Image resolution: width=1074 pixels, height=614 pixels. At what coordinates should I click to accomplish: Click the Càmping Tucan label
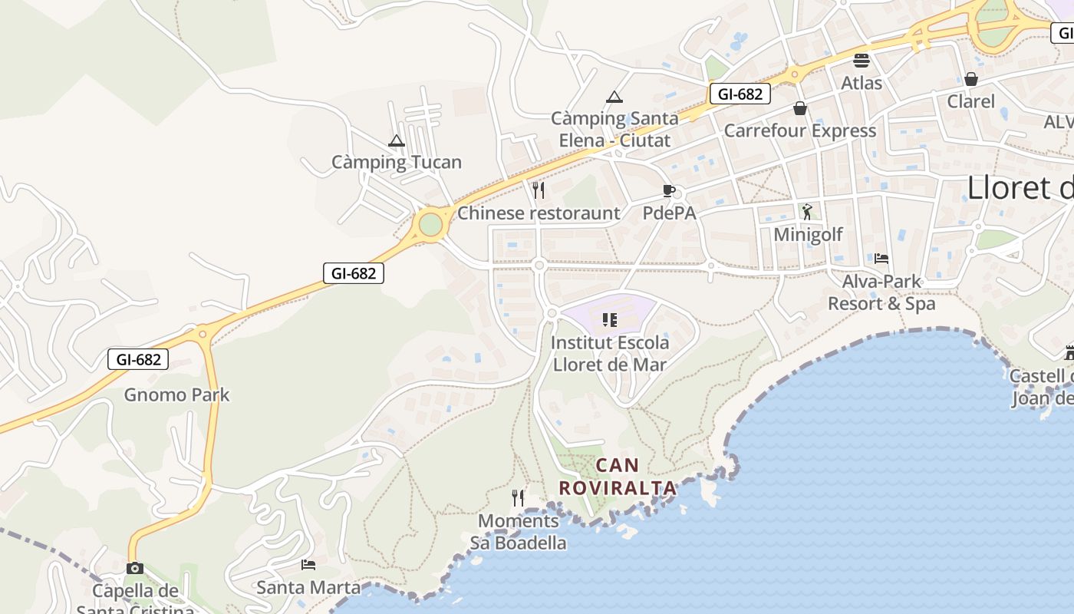[x=397, y=162]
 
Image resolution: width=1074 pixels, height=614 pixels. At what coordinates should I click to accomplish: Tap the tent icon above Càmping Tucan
[x=396, y=140]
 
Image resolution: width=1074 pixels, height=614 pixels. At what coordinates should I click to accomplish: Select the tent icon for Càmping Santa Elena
[x=614, y=97]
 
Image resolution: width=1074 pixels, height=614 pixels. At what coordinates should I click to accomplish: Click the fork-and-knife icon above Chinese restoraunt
[x=539, y=190]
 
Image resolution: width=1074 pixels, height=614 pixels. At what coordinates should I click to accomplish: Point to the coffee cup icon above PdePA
[x=669, y=190]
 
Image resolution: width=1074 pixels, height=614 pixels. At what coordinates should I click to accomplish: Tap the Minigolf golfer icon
[x=807, y=211]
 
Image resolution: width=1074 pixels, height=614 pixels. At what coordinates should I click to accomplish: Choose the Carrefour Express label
[x=800, y=130]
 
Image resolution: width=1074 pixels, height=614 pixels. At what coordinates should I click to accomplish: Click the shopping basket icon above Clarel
[x=971, y=78]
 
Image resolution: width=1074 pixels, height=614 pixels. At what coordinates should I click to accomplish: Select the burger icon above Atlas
[x=862, y=60]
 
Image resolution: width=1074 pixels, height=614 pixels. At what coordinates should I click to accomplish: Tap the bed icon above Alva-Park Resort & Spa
[x=881, y=259]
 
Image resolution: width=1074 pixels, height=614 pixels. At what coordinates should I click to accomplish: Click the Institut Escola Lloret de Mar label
[x=610, y=353]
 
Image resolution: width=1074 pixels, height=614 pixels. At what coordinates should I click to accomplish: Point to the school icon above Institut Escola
[x=610, y=319]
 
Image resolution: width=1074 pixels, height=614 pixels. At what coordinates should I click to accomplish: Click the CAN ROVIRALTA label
[x=618, y=476]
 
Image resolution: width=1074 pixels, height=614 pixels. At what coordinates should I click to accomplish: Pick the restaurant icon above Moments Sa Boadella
[x=518, y=498]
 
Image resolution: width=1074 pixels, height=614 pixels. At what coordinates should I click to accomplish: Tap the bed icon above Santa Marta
[x=308, y=565]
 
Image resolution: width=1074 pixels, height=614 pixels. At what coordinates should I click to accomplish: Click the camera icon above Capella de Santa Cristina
[x=135, y=568]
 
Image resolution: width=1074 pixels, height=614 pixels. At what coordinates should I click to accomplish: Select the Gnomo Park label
[x=177, y=394]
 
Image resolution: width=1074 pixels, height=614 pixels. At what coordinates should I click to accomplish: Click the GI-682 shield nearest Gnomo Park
[x=138, y=358]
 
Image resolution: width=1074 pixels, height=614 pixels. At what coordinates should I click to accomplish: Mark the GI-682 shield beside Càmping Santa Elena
[x=740, y=94]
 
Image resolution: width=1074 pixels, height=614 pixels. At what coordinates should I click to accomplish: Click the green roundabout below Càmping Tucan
[x=430, y=224]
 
